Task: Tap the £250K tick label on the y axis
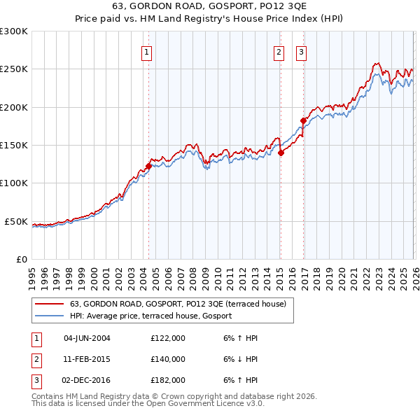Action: [x=14, y=69]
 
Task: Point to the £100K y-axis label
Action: [x=14, y=183]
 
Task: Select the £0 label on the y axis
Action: [x=21, y=259]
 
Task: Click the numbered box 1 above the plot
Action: [x=148, y=51]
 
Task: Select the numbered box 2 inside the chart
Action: [x=279, y=51]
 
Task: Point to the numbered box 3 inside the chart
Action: [x=301, y=51]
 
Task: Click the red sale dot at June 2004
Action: [x=148, y=166]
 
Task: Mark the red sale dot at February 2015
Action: [x=280, y=153]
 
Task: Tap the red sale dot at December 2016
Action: [x=303, y=120]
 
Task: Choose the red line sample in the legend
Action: [x=49, y=304]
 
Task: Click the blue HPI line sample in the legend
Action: [x=49, y=316]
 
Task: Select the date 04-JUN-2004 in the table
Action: [x=87, y=338]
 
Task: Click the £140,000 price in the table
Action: [x=168, y=359]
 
